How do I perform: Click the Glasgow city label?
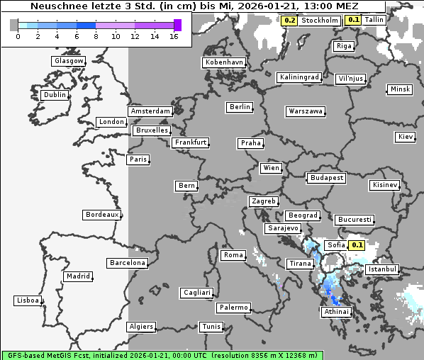69,61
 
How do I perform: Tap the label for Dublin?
55,95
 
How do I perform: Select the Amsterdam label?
150,111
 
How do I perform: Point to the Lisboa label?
28,300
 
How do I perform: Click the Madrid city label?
77,276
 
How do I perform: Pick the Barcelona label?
127,263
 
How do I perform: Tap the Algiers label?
140,327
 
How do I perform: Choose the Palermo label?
233,308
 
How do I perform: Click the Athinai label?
336,312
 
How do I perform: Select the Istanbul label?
382,269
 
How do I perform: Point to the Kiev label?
406,137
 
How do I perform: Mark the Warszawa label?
306,111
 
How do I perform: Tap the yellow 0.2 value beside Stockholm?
289,21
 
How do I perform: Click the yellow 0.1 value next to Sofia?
357,245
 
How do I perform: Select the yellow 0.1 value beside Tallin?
353,20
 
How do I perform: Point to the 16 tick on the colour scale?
174,36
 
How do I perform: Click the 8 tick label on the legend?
96,36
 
